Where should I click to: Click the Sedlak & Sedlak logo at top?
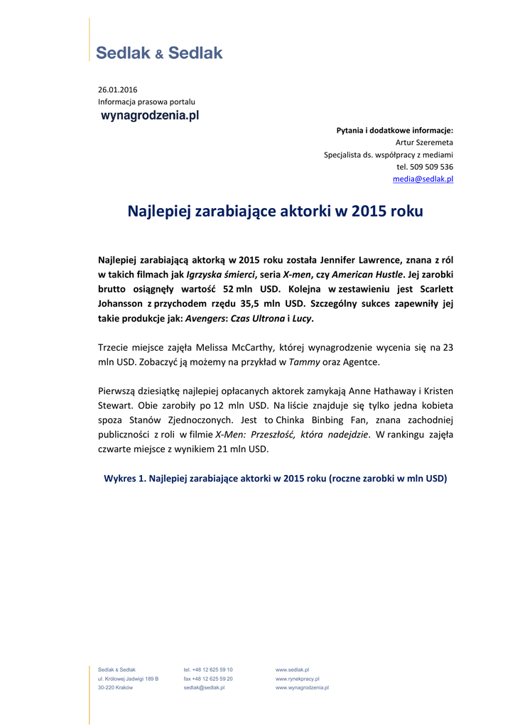(159, 53)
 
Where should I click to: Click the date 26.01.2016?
(118, 89)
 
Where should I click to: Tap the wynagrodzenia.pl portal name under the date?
(150, 115)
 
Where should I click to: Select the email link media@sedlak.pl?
(423, 179)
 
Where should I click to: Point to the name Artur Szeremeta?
(424, 143)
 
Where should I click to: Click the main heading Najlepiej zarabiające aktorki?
(275, 212)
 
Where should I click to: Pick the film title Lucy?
(301, 319)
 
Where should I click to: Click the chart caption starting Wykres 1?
(276, 479)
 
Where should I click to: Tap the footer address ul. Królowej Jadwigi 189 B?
(128, 679)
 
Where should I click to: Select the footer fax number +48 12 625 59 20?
(208, 679)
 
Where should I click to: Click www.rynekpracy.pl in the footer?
(297, 679)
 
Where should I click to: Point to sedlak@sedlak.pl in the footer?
(204, 688)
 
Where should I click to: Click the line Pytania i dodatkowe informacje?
(394, 131)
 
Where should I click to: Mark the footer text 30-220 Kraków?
(115, 688)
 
